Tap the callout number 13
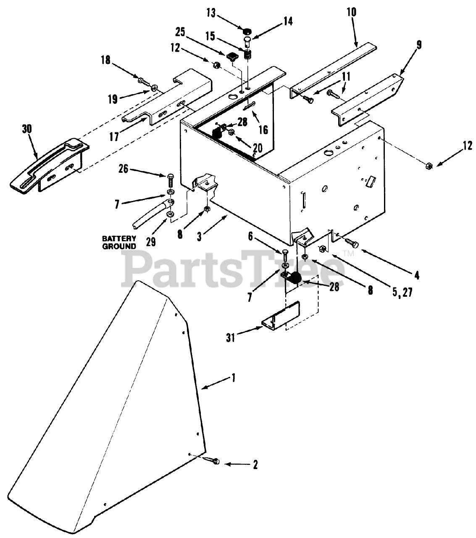(211, 13)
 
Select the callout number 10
(352, 12)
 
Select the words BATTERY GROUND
(119, 243)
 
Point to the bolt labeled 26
(171, 181)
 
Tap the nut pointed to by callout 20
(231, 133)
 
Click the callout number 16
(263, 130)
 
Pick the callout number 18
(105, 60)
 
